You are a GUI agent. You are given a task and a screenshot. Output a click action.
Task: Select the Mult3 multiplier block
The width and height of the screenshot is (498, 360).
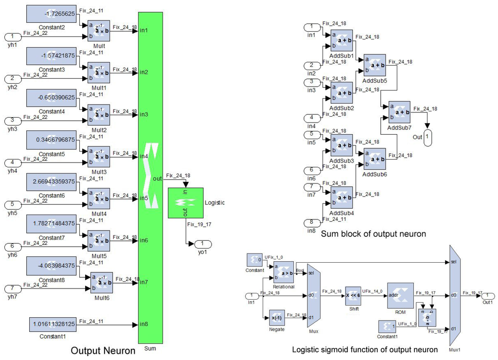(x=99, y=157)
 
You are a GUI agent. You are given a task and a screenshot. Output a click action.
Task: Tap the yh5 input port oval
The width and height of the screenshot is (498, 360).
(x=13, y=204)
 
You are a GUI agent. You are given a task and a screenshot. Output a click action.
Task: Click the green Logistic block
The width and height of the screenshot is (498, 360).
(x=186, y=202)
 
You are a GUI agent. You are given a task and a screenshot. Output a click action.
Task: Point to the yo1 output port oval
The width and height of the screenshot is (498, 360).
(x=203, y=244)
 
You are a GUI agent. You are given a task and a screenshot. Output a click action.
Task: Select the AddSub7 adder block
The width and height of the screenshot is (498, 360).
(x=399, y=113)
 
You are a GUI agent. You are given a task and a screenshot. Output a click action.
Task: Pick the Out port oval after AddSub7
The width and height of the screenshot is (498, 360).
(x=427, y=137)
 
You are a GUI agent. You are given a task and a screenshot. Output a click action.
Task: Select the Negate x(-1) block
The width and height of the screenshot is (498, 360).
(x=277, y=318)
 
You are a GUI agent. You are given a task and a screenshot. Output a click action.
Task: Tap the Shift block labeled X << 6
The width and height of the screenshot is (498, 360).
(x=353, y=295)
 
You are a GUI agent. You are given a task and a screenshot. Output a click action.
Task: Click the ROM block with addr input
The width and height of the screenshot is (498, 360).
(x=400, y=295)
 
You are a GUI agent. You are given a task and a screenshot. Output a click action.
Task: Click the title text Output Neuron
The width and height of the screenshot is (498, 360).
(x=103, y=350)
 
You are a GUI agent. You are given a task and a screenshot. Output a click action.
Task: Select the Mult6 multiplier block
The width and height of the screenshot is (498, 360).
(x=102, y=283)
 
